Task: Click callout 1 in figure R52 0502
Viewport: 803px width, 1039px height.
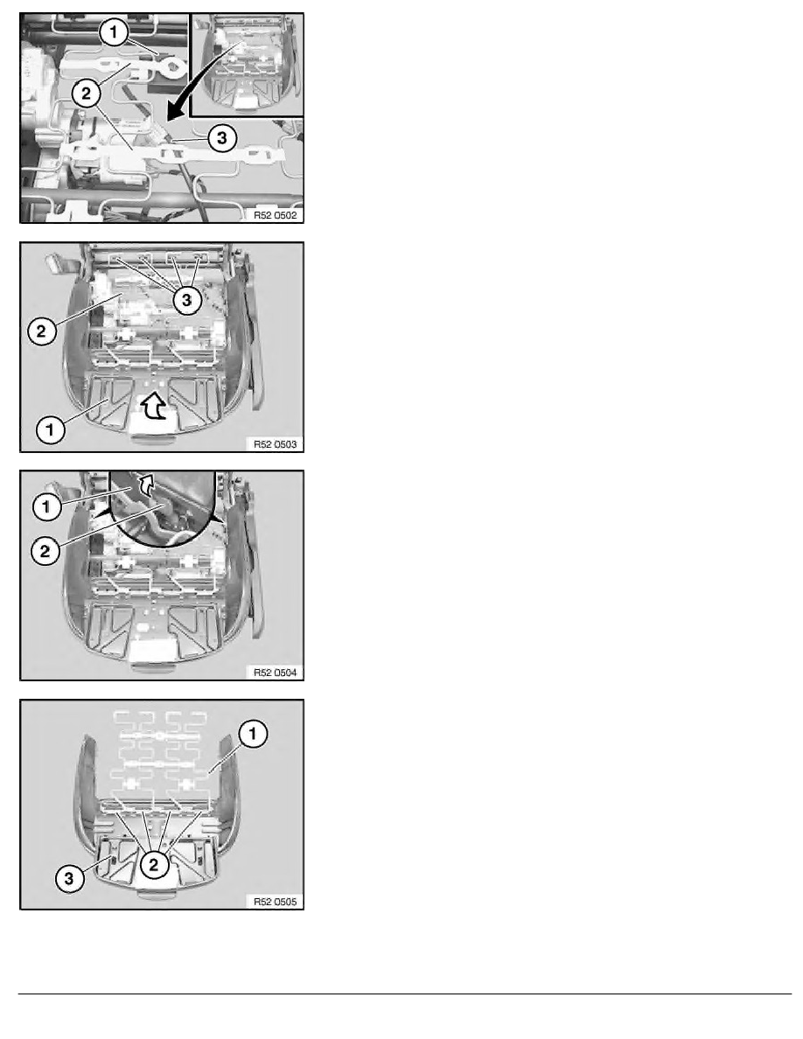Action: pos(114,32)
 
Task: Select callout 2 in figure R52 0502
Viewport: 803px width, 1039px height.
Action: pos(86,94)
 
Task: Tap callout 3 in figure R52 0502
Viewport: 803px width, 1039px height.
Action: pos(222,138)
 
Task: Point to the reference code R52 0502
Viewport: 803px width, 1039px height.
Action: pos(276,215)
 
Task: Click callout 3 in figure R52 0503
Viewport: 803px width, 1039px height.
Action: pos(187,300)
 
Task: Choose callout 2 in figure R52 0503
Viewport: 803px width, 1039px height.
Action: pos(41,331)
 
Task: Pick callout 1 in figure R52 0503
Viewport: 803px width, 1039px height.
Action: pos(50,429)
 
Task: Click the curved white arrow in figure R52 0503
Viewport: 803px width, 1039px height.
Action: pos(154,406)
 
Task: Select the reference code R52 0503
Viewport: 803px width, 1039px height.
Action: pos(276,444)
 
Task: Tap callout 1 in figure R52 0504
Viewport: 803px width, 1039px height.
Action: pos(46,507)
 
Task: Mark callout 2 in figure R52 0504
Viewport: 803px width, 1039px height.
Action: pos(45,551)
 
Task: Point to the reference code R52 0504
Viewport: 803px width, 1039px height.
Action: pos(276,673)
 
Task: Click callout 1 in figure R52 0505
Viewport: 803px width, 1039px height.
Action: pos(253,734)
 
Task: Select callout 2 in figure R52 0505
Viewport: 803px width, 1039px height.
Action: pos(154,864)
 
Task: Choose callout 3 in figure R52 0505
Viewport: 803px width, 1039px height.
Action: pos(69,879)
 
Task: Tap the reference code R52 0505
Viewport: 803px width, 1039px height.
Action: pos(276,901)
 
